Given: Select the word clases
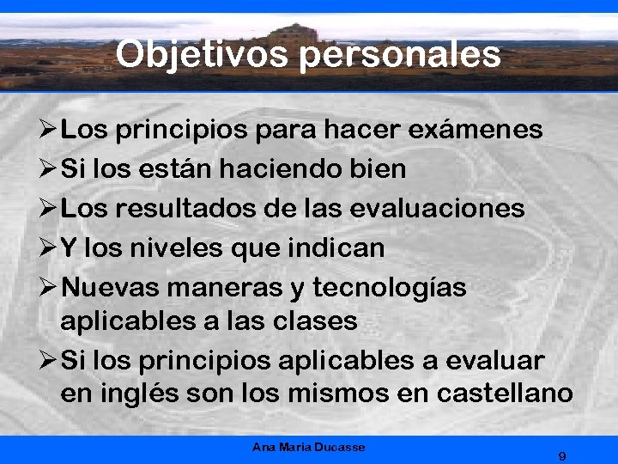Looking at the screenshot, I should pos(318,321).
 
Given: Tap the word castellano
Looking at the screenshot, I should pos(505,394).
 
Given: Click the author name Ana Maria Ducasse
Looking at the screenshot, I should pos(309,448).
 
